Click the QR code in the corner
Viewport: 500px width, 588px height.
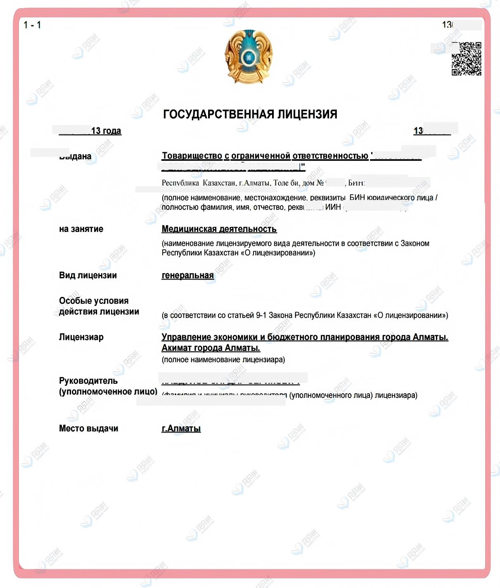466,59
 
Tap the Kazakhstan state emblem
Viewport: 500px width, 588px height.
249,56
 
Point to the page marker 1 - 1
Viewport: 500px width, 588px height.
32,25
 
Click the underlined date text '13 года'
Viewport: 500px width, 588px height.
106,131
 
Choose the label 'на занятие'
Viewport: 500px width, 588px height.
81,229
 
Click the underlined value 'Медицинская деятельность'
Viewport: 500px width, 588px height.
219,229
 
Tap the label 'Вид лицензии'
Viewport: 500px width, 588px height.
88,275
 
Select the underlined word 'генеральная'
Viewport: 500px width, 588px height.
187,275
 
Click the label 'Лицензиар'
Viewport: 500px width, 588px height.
81,337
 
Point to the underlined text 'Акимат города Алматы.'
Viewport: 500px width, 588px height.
211,348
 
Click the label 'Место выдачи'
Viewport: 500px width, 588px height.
88,428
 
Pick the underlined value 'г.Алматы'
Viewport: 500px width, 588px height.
181,428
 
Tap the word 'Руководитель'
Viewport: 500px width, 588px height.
88,380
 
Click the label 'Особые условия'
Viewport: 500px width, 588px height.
94,301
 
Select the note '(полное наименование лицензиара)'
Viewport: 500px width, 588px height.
223,360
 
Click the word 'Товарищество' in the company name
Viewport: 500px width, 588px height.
192,156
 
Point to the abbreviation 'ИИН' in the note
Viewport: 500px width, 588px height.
333,207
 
